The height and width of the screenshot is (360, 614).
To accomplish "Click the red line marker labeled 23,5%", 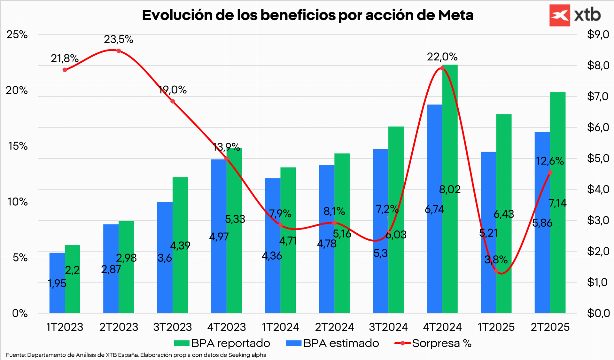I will tap(119, 51).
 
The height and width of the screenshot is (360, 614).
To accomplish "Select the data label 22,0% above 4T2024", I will tap(442, 57).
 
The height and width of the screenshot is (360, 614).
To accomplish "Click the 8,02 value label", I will tap(450, 190).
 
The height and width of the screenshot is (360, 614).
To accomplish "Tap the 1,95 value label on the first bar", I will tap(57, 284).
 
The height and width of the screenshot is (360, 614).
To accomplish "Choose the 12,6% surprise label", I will tap(550, 161).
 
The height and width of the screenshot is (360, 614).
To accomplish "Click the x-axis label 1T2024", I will tap(280, 327).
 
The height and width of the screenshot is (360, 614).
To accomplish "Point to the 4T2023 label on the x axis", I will tap(226, 327).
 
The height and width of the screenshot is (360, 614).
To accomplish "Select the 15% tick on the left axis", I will tap(18, 146).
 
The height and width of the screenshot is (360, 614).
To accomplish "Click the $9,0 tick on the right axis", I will tap(598, 34).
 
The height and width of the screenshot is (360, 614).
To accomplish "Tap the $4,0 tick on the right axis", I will tap(598, 189).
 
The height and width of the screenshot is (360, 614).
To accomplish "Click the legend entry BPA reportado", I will tap(222, 343).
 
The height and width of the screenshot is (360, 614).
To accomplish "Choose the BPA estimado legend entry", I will tap(333, 343).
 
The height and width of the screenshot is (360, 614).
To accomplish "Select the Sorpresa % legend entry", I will tap(433, 343).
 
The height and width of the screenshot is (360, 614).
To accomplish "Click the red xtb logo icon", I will tap(560, 15).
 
